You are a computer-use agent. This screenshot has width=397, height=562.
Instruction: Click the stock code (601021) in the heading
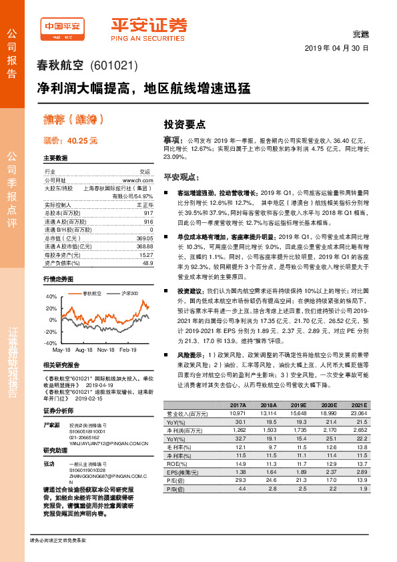(x=113, y=66)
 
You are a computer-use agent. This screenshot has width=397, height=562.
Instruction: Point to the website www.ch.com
(x=138, y=180)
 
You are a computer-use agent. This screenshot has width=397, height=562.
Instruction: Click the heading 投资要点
(x=185, y=124)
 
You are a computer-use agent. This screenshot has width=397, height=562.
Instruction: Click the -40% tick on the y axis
(x=51, y=342)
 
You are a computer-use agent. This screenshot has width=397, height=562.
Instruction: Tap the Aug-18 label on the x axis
(x=84, y=350)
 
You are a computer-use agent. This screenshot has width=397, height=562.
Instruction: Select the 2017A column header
(x=238, y=405)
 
